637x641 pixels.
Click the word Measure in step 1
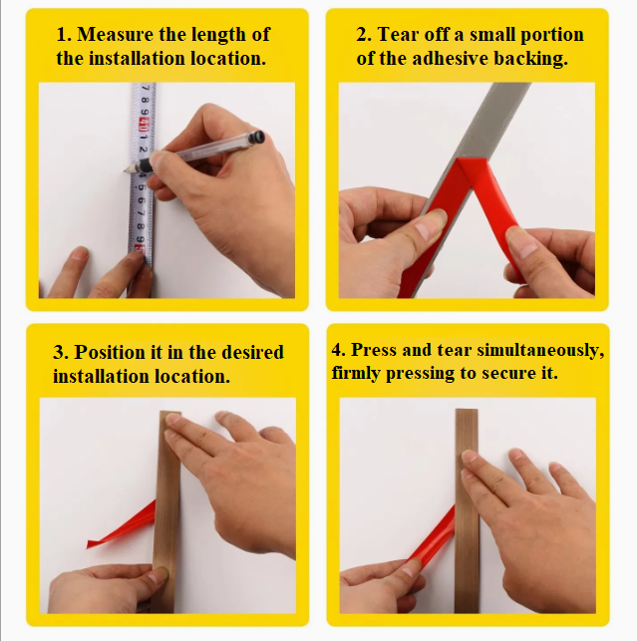116,34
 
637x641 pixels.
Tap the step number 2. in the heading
364,34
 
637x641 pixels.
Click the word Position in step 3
110,352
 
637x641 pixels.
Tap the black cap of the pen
258,137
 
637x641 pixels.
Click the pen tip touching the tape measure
126,170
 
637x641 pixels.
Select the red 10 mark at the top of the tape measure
144,122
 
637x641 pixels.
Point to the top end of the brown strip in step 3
170,412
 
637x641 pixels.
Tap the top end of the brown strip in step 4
467,410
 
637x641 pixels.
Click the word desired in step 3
252,352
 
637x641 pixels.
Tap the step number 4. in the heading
339,350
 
